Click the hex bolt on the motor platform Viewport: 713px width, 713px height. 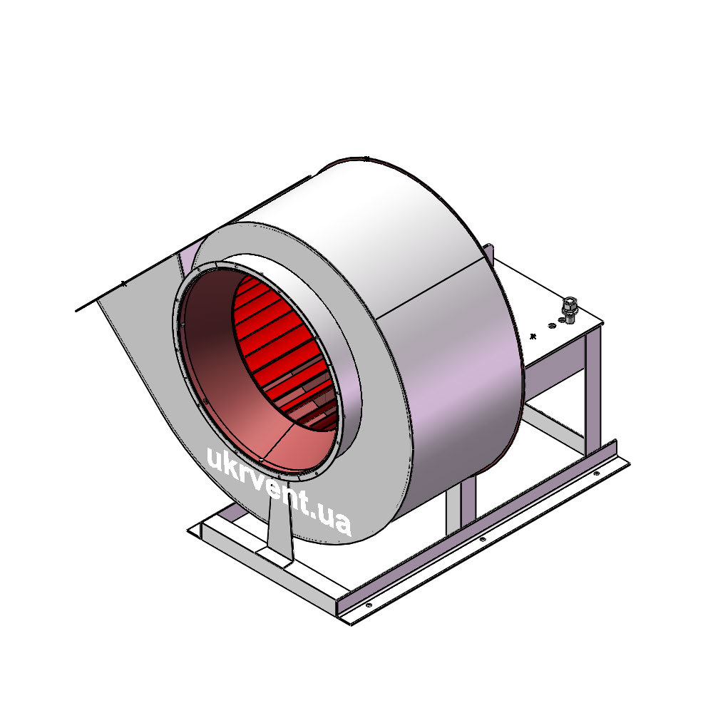[x=569, y=310]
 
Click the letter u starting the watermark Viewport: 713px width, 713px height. [x=214, y=458]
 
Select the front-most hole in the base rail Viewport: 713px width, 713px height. [x=369, y=605]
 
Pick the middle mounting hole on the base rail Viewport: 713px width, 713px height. [x=483, y=539]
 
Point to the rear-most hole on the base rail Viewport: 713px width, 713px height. [x=597, y=473]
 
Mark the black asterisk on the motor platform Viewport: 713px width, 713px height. [x=533, y=337]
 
